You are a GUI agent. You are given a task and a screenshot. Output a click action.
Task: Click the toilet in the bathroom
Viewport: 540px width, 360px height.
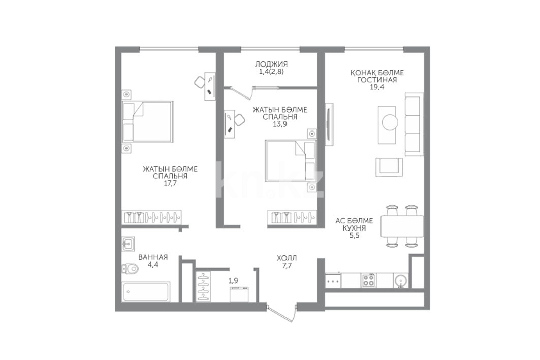(130, 268)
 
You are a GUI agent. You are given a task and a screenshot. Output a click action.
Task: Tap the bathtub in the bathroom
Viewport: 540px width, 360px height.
(146, 292)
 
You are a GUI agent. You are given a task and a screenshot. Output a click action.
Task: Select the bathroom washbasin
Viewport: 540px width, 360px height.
(128, 244)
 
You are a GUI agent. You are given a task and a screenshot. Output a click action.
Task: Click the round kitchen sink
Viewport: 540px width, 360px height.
(401, 280)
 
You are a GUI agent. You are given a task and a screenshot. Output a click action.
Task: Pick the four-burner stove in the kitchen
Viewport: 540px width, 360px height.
(368, 280)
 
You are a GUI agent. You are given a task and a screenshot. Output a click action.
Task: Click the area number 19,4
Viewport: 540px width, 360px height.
(377, 87)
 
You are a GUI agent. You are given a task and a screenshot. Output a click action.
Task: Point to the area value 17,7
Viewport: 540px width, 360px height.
(170, 183)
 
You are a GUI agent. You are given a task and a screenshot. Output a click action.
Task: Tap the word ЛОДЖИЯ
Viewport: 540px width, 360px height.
(271, 64)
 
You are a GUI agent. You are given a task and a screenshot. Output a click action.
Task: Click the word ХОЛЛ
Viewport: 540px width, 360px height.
(287, 258)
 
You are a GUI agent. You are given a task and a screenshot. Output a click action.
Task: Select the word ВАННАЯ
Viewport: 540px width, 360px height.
(153, 257)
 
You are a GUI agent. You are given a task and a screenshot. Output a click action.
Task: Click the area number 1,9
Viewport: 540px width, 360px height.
(233, 281)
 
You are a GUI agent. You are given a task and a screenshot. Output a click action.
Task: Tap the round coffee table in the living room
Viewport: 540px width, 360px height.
(390, 122)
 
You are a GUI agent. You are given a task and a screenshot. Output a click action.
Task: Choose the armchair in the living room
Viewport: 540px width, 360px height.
(389, 167)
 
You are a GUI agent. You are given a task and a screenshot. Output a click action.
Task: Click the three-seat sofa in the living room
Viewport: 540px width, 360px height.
(414, 124)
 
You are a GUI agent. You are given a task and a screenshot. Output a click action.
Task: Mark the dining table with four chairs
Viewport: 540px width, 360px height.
(402, 226)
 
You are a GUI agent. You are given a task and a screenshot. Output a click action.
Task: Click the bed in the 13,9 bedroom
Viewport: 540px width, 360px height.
(290, 160)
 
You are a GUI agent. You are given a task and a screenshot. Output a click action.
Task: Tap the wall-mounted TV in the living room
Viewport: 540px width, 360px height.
(329, 124)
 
